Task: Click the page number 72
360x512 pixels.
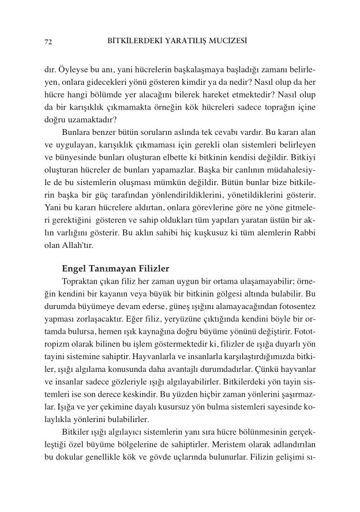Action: pos(48,42)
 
